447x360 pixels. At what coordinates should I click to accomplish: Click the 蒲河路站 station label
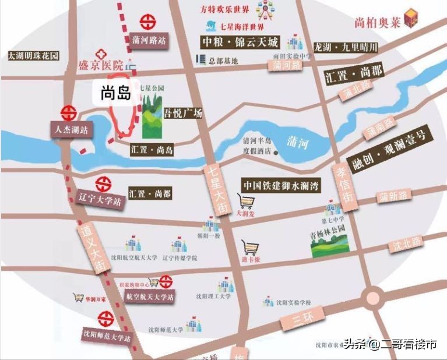click(x=149, y=41)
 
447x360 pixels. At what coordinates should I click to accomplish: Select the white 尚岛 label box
click(x=115, y=93)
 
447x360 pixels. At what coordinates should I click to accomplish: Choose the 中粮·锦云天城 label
click(x=240, y=43)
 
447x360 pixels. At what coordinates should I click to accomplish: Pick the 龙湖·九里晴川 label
click(x=346, y=47)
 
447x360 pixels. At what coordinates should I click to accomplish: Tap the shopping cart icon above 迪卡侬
click(x=250, y=248)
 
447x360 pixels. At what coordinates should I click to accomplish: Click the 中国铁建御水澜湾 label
click(x=281, y=185)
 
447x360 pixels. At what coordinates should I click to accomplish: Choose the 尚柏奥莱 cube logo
click(x=412, y=17)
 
